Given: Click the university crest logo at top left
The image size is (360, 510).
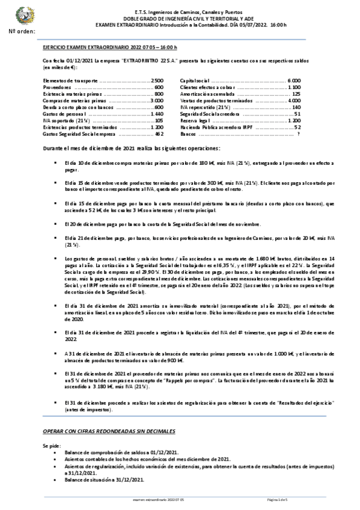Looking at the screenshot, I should [25, 14].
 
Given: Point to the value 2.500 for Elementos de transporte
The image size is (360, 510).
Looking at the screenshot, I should [157, 80].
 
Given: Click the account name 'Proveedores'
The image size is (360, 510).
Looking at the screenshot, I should [57, 87].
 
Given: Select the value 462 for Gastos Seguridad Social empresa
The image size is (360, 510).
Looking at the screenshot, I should [159, 134].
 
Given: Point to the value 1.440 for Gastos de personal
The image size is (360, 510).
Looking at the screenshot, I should [157, 114].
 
